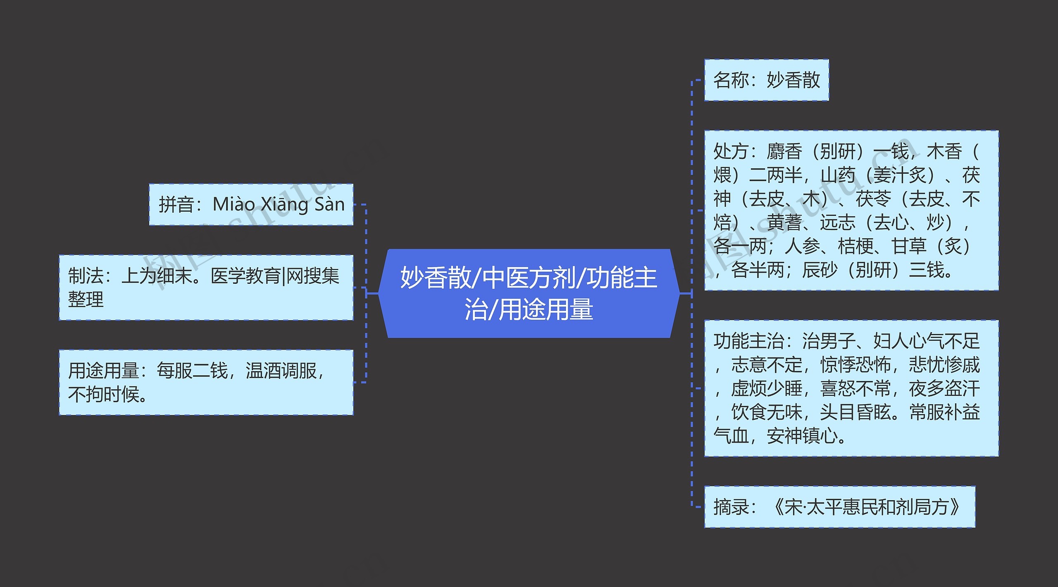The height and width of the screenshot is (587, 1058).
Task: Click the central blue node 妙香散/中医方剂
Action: click(529, 293)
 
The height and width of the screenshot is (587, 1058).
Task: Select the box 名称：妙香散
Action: click(766, 80)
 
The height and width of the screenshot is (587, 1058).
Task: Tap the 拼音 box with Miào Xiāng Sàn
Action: click(251, 204)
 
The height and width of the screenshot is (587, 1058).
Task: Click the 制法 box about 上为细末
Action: click(206, 287)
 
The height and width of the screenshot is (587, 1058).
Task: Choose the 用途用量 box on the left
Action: click(206, 382)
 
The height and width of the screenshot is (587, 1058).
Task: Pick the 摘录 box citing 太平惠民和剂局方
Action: click(839, 507)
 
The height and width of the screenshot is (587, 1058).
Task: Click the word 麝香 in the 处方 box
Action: click(784, 151)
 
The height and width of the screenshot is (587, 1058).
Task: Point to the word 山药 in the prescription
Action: click(838, 175)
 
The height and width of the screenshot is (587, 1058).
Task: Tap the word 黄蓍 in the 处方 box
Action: click(784, 223)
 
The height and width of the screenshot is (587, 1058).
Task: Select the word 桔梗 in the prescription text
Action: click(855, 247)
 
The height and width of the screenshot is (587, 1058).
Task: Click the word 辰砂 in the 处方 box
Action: click(820, 271)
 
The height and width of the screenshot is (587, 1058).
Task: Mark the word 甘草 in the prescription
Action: click(909, 247)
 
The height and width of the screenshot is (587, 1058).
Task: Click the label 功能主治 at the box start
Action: click(748, 341)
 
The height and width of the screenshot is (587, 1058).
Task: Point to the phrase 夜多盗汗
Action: click(944, 389)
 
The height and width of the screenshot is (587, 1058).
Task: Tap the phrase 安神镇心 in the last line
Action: click(802, 436)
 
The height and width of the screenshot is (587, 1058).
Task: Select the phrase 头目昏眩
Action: click(855, 412)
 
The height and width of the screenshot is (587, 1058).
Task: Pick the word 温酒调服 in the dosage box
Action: click(281, 371)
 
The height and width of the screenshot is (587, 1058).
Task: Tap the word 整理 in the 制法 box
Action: click(86, 299)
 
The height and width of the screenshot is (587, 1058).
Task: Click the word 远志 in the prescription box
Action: click(838, 223)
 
